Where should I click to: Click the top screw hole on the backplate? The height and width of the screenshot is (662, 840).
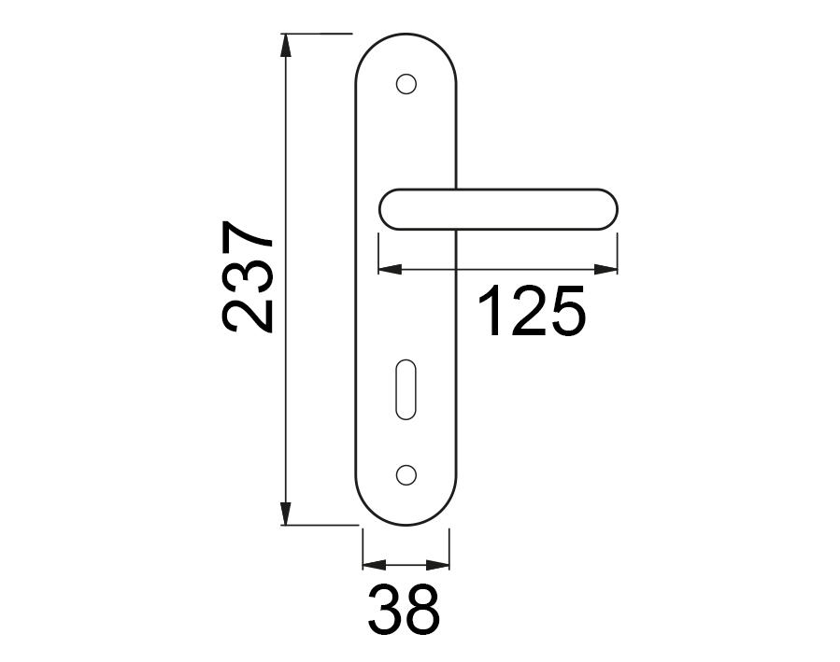click(x=406, y=84)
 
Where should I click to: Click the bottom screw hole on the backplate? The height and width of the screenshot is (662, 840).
click(x=406, y=474)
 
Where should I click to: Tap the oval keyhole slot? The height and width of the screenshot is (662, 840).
click(x=406, y=389)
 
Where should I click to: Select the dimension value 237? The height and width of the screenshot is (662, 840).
click(x=247, y=276)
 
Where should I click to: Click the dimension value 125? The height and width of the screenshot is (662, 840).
click(x=532, y=311)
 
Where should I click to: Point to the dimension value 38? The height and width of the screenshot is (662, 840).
click(x=405, y=610)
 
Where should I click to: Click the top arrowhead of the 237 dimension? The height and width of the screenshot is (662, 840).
click(x=286, y=45)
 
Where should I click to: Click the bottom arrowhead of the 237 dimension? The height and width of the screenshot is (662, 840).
click(x=286, y=514)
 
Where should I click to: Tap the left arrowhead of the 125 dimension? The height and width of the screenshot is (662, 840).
click(x=390, y=269)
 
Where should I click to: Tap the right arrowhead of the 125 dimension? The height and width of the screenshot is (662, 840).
click(x=605, y=269)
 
